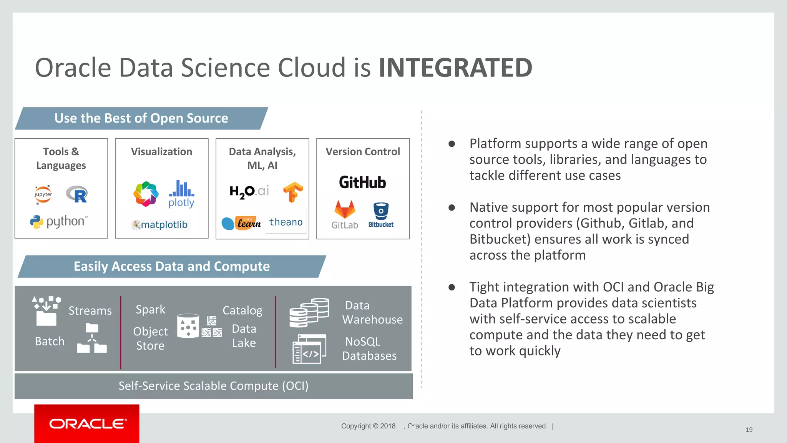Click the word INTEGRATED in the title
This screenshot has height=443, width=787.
click(455, 68)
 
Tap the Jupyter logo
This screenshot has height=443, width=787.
click(43, 194)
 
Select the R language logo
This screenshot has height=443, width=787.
click(77, 194)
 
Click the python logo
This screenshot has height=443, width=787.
click(59, 221)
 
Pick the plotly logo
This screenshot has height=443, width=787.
click(181, 194)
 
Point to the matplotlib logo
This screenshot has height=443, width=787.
click(160, 225)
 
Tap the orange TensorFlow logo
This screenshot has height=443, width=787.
click(293, 192)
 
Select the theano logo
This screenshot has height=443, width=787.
click(286, 222)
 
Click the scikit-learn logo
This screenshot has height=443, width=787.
click(241, 223)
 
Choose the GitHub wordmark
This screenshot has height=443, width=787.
click(362, 183)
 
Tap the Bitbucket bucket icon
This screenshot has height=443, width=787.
click(381, 211)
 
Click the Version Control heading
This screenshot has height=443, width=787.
click(363, 152)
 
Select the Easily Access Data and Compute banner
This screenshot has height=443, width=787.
click(172, 266)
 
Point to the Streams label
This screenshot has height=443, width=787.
click(90, 310)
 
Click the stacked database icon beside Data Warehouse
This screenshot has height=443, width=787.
click(309, 312)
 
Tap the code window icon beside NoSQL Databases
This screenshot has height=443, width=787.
click(309, 348)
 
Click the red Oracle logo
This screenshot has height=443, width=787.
click(87, 423)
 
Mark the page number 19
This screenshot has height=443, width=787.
click(749, 430)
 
